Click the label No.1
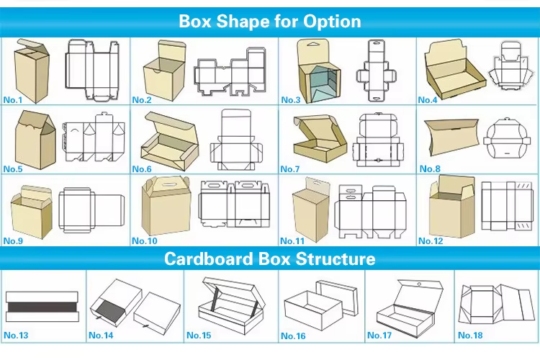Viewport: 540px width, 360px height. pos(13,99)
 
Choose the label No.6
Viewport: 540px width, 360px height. pos(143,169)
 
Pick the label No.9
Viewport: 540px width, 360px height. pos(13,240)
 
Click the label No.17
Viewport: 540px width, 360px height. pos(379,336)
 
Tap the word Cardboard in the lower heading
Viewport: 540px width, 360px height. pos(209,258)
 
